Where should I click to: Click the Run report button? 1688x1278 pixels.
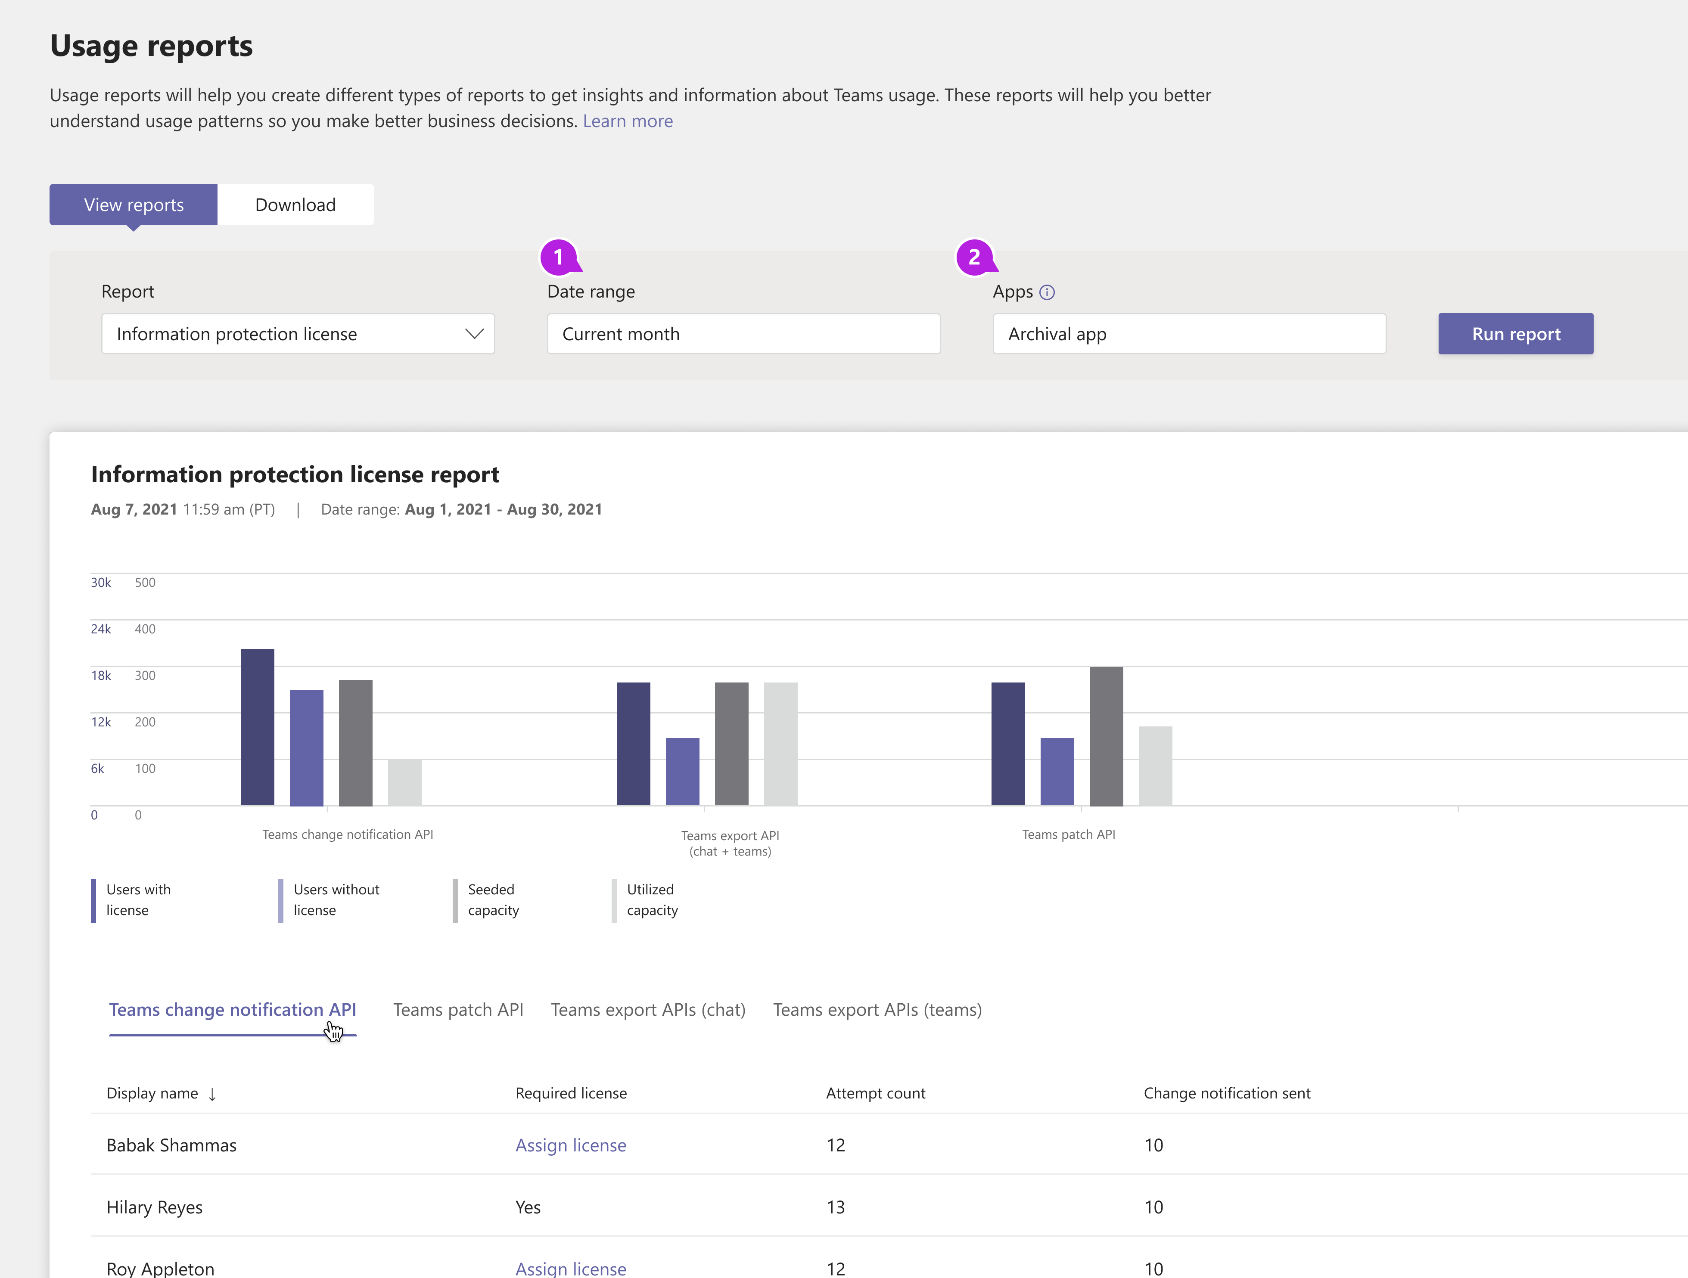coord(1516,334)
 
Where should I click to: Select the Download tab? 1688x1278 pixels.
coord(295,205)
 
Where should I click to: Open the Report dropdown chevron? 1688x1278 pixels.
coord(474,334)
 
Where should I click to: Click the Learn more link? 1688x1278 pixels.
coord(627,121)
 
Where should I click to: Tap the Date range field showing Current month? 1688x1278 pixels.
coord(743,334)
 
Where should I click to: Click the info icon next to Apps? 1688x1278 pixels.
coord(1047,292)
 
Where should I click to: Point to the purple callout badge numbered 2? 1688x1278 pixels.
coord(975,257)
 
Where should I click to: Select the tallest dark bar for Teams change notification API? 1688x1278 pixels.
coord(257,727)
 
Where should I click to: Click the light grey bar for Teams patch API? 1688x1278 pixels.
coord(1155,766)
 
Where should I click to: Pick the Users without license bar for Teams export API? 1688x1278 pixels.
coord(682,771)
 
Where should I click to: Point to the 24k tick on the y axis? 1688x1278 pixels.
coord(101,629)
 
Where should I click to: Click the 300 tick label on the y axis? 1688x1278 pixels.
coord(145,675)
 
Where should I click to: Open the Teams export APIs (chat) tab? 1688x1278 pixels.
coord(648,1009)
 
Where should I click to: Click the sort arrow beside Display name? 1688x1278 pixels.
coord(212,1094)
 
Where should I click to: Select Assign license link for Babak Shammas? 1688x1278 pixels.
coord(571,1145)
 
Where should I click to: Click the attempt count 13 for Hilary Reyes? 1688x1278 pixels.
coord(836,1207)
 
